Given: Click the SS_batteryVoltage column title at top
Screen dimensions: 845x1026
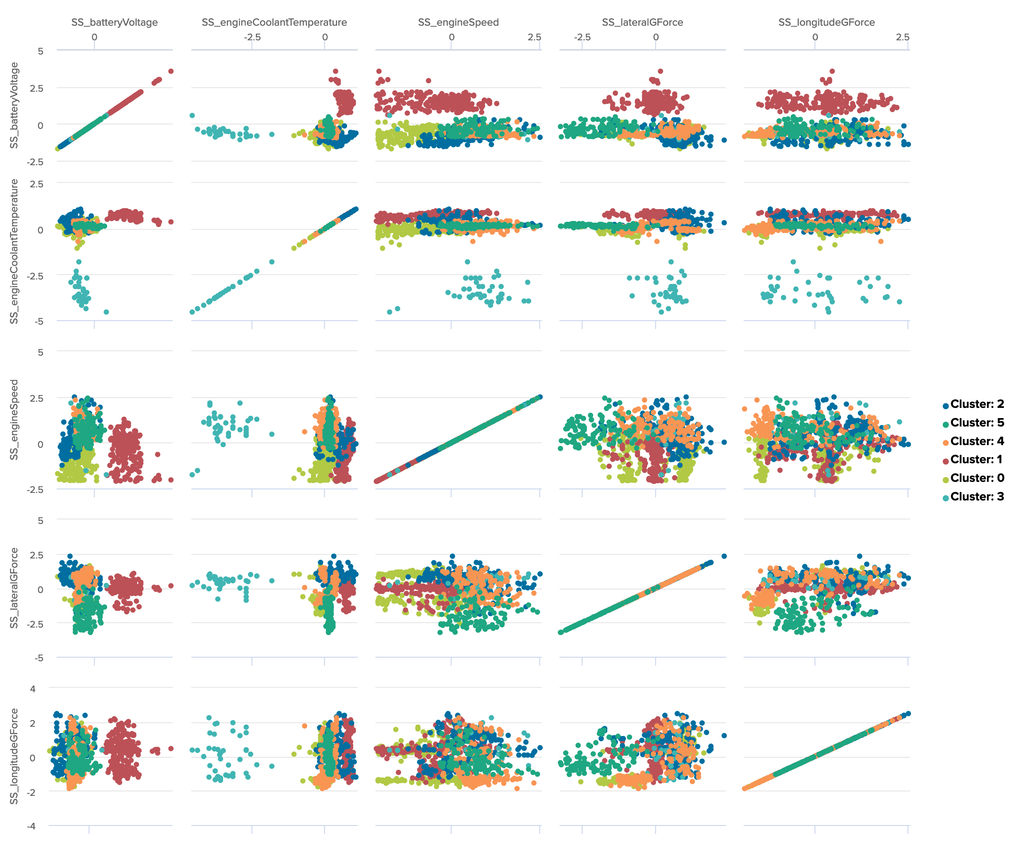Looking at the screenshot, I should coord(114,23).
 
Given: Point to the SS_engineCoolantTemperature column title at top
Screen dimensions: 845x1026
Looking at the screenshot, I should coord(274,23).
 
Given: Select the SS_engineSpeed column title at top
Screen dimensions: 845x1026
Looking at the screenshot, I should coord(458,23).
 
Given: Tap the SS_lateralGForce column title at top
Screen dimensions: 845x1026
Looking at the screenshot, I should coord(642,23).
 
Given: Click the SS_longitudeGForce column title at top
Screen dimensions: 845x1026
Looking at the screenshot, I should coord(826,23).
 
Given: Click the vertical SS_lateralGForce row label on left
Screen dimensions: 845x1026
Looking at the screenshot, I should coord(14,588).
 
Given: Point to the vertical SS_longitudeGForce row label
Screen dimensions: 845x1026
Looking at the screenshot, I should coord(14,756).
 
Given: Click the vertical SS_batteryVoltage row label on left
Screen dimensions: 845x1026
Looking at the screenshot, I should coord(14,105).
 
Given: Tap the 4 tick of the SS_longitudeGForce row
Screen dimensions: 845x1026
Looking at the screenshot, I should coord(33,689).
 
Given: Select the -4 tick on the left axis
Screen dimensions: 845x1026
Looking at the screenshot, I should coord(31,826).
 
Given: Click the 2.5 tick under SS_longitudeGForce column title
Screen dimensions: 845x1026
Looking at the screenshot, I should coord(903,38).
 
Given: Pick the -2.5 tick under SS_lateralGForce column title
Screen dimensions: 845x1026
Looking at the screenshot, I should coord(582,38).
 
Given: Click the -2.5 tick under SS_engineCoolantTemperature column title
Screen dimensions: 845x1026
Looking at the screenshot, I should coord(252,38).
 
